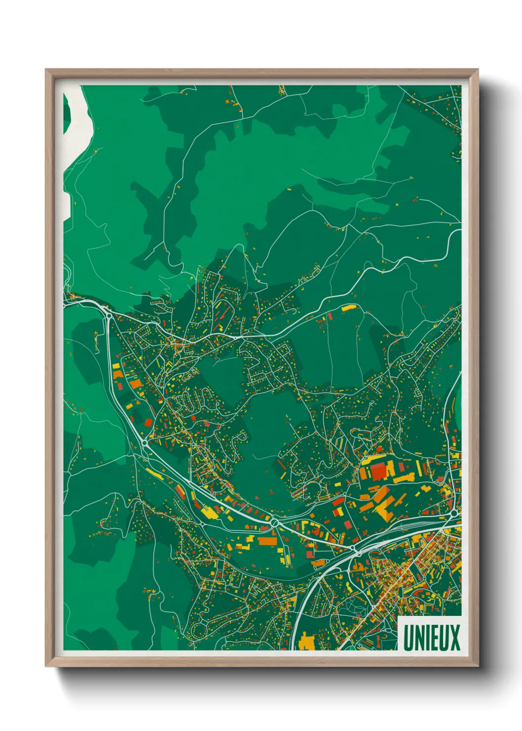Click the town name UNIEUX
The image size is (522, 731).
pos(431,637)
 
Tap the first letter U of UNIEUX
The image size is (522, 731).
pos(409,637)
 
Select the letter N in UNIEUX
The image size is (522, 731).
pos(419,637)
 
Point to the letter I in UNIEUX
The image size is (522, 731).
pos(427,637)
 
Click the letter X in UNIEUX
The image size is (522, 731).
pos(454,637)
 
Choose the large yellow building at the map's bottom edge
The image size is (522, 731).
pos(307,641)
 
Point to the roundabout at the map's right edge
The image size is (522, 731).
pos(454,514)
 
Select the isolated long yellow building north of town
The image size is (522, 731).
pos(348,308)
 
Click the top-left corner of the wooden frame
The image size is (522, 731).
pos(46,70)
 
